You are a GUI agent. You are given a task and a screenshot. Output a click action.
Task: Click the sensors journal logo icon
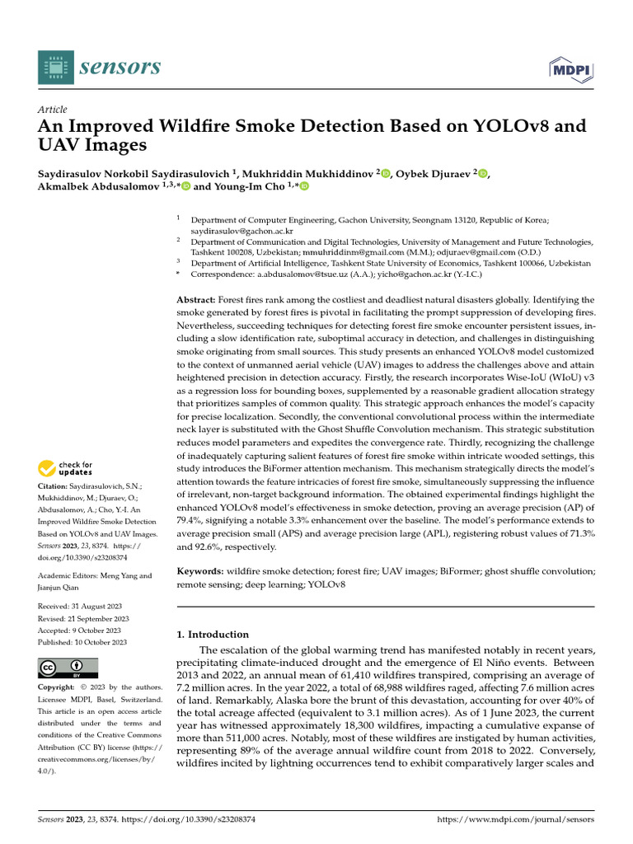pyautogui.click(x=56, y=68)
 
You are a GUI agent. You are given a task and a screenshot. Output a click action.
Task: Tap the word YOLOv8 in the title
pyautogui.click(x=527, y=126)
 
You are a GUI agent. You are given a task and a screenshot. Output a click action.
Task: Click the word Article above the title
pyautogui.click(x=53, y=110)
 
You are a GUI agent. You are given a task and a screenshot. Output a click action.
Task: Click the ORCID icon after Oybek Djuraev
pyautogui.click(x=483, y=172)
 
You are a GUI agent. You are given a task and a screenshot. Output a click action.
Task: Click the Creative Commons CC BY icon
pyautogui.click(x=68, y=667)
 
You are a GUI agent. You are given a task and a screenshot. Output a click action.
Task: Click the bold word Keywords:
pyautogui.click(x=200, y=571)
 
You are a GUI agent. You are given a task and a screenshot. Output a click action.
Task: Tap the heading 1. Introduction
pyautogui.click(x=213, y=635)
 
